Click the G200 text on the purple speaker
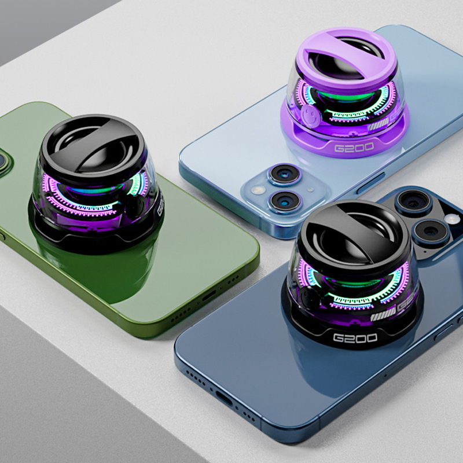pyautogui.click(x=354, y=148)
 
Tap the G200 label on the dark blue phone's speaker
pyautogui.click(x=355, y=337)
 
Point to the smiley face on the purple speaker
pyautogui.click(x=310, y=112)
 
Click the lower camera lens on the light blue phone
pyautogui.click(x=284, y=201)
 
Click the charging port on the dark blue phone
pyautogui.click(x=223, y=396)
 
